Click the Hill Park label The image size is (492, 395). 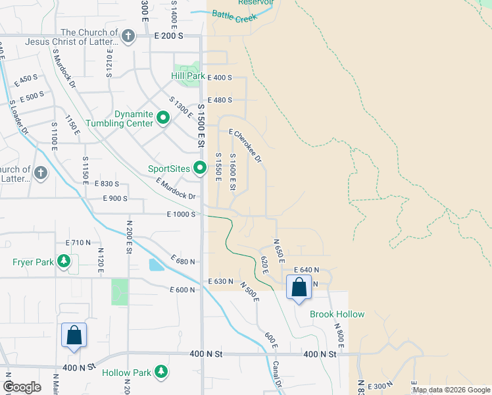tap(188, 77)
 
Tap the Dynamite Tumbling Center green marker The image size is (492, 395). tap(164, 119)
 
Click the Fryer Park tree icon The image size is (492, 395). tap(64, 262)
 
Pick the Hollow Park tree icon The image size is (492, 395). tap(160, 373)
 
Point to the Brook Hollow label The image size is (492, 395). tap(337, 314)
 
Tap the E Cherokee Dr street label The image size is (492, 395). tap(246, 146)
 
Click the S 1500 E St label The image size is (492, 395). tap(201, 125)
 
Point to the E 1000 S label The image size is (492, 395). tap(181, 215)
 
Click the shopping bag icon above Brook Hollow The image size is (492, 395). tap(299, 288)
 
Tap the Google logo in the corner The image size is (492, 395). tap(22, 387)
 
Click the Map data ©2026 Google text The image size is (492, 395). tap(451, 390)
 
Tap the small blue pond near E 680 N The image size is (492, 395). tap(155, 265)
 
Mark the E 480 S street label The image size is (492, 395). tap(220, 101)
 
